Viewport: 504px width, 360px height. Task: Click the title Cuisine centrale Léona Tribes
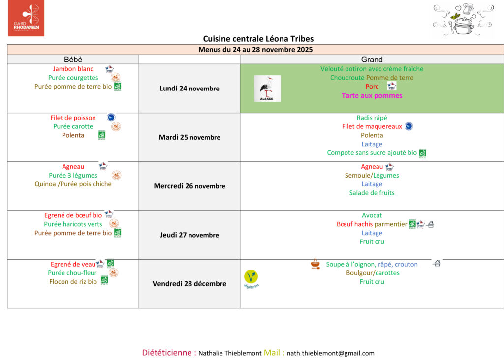pos(258,39)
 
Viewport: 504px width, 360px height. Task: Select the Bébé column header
pos(73,60)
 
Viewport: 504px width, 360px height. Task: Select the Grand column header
pos(372,60)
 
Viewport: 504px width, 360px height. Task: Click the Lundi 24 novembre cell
pos(189,89)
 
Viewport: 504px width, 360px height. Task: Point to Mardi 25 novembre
pos(189,137)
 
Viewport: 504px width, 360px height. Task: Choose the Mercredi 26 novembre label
pos(189,186)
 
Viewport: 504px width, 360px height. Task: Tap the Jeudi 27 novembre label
pos(189,235)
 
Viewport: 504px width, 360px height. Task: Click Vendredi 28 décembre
pos(189,284)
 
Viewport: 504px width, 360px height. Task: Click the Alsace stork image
pos(267,89)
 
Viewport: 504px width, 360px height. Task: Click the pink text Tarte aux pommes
pos(372,96)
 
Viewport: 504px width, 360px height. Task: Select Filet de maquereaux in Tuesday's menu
pos(372,126)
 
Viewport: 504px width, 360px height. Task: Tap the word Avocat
pos(372,215)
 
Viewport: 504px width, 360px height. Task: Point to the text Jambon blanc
pos(73,69)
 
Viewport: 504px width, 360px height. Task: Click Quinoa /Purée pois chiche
pos(73,184)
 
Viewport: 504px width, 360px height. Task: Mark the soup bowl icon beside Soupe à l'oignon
pos(315,264)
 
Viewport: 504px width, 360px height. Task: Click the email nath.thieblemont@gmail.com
pos(330,353)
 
